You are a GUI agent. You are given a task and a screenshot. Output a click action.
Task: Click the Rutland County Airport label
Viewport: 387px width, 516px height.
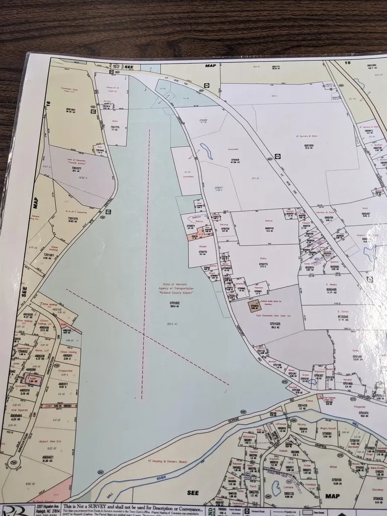(x=170, y=293)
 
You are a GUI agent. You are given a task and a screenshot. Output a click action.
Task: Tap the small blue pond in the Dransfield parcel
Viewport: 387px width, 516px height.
(x=206, y=149)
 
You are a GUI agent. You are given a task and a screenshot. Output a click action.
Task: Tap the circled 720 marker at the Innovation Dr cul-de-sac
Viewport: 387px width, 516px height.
(x=14, y=462)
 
